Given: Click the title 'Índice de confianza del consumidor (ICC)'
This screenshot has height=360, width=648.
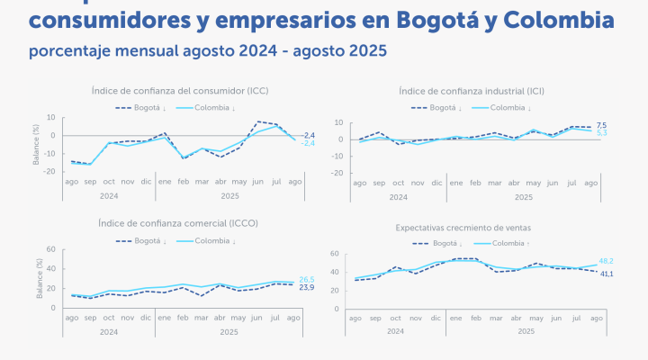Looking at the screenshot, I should click(180, 91).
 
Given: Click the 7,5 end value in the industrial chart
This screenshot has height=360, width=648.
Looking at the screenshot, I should click(601, 125).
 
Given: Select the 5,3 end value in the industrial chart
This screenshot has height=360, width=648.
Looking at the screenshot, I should click(601, 133).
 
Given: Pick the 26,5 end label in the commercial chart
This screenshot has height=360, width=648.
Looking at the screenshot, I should click(306, 280).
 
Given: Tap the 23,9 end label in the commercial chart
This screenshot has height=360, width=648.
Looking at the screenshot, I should click(306, 287).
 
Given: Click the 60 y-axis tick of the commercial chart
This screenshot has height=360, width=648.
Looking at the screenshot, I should click(52, 249).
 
